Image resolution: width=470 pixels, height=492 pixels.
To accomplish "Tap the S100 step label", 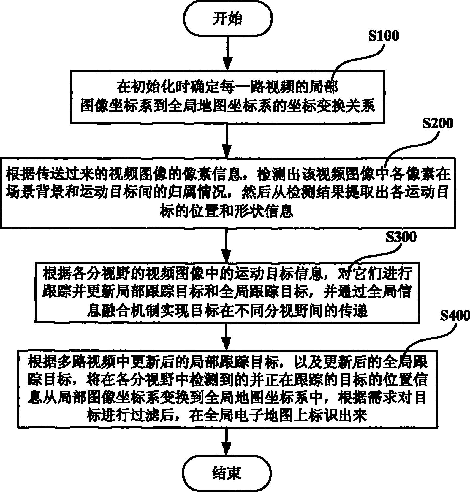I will point(383,36).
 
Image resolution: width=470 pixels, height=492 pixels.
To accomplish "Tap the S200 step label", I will point(438,123).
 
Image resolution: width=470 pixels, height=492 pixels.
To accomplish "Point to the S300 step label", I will point(401,237).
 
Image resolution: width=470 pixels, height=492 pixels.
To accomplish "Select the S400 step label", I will point(455,316).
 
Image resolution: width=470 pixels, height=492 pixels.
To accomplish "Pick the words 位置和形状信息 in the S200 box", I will point(227,212).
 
